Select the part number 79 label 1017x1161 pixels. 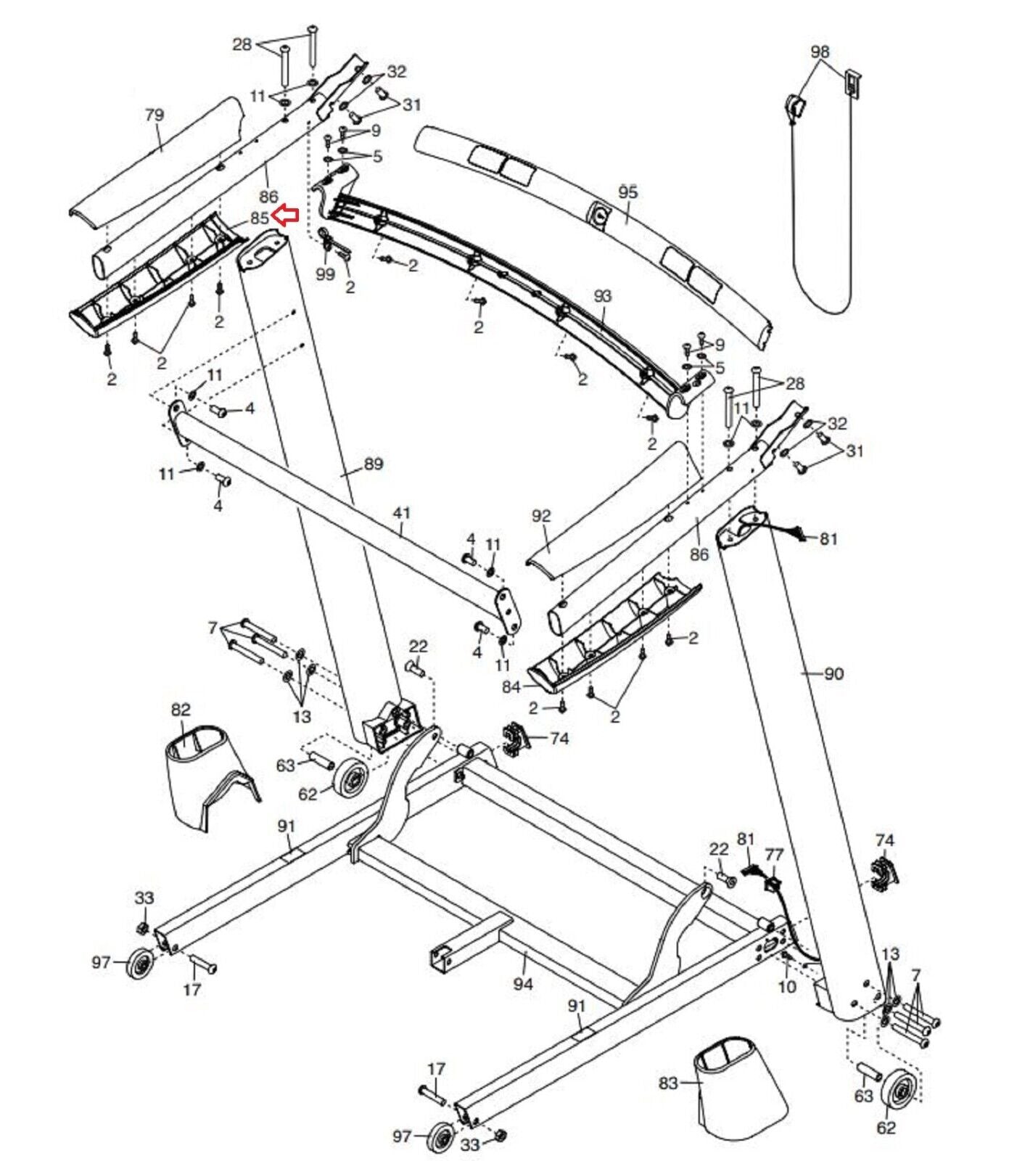pos(155,115)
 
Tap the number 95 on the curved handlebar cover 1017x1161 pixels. pos(628,192)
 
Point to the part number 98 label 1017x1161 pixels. pos(820,52)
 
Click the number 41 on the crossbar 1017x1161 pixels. pos(401,513)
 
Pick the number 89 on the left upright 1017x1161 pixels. pos(374,464)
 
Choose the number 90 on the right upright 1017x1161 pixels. pos(834,673)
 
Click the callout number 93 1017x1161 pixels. pos(603,296)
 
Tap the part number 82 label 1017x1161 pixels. pos(181,710)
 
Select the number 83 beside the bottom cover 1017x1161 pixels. pos(668,1083)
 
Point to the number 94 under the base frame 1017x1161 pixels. pos(523,984)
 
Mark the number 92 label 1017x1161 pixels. pos(541,516)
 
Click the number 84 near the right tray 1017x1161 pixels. pos(511,686)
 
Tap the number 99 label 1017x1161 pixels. pos(326,274)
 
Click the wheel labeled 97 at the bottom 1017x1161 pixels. pos(442,1137)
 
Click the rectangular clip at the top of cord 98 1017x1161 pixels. pos(852,82)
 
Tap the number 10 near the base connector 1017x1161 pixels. pos(787,987)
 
